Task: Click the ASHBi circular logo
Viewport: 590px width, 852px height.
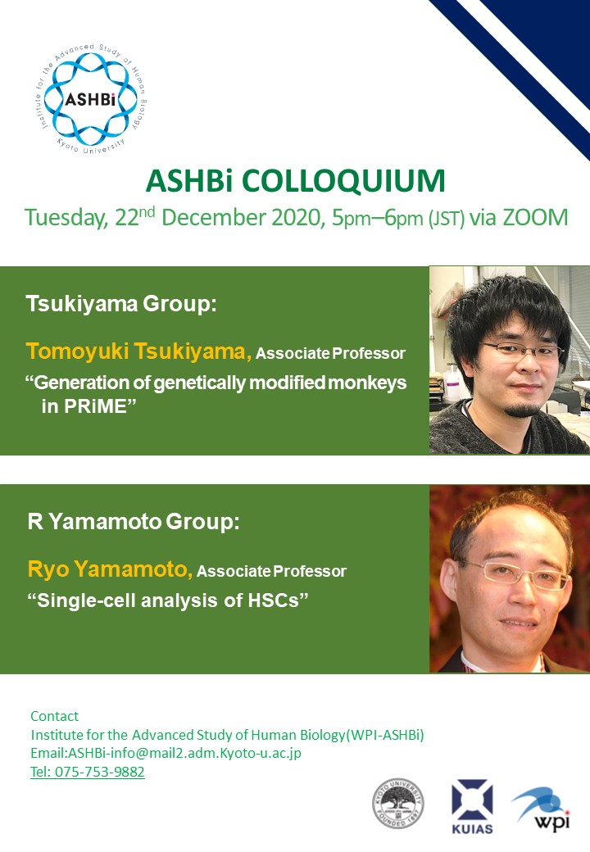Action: [90, 99]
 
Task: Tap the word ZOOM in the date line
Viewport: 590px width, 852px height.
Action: [534, 217]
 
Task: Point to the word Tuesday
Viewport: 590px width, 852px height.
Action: [66, 218]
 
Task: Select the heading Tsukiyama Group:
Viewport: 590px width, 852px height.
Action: [121, 303]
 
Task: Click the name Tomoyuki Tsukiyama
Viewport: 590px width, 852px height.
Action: [138, 351]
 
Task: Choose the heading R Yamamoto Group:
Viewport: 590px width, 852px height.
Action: [134, 522]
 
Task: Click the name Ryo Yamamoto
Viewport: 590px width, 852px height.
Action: [111, 569]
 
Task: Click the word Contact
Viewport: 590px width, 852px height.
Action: [54, 716]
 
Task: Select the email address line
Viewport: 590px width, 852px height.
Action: [166, 753]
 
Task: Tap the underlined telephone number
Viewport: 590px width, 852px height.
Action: [88, 772]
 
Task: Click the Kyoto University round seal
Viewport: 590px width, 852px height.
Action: [398, 804]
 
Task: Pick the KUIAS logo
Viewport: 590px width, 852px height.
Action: [472, 807]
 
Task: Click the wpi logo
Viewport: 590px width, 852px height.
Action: [541, 808]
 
